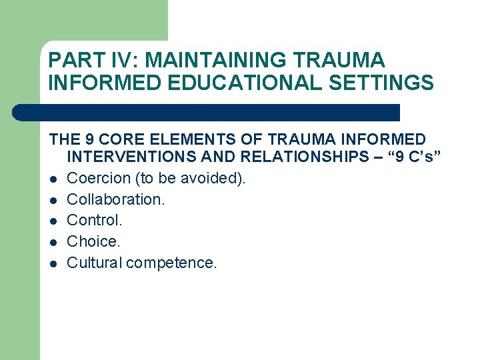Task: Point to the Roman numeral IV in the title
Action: pos(125,60)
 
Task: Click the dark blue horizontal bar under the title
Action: pos(207,112)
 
